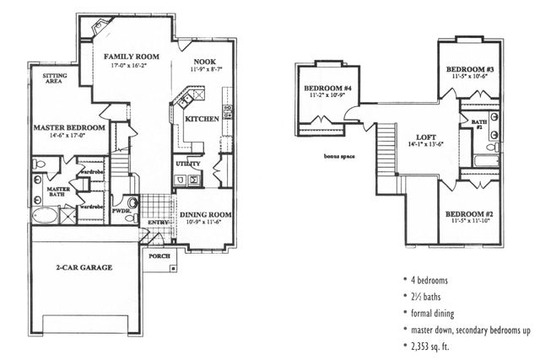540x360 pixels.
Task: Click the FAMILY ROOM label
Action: tap(132, 56)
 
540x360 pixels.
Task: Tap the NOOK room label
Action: tap(204, 62)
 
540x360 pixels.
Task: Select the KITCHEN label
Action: tap(202, 119)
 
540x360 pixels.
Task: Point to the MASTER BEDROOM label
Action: tap(69, 127)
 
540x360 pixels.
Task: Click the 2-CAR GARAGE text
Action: tap(84, 267)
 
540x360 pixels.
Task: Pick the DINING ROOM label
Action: tap(206, 214)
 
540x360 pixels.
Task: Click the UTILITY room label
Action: tap(187, 163)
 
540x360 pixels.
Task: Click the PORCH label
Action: tap(158, 253)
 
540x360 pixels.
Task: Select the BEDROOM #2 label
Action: tap(469, 214)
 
